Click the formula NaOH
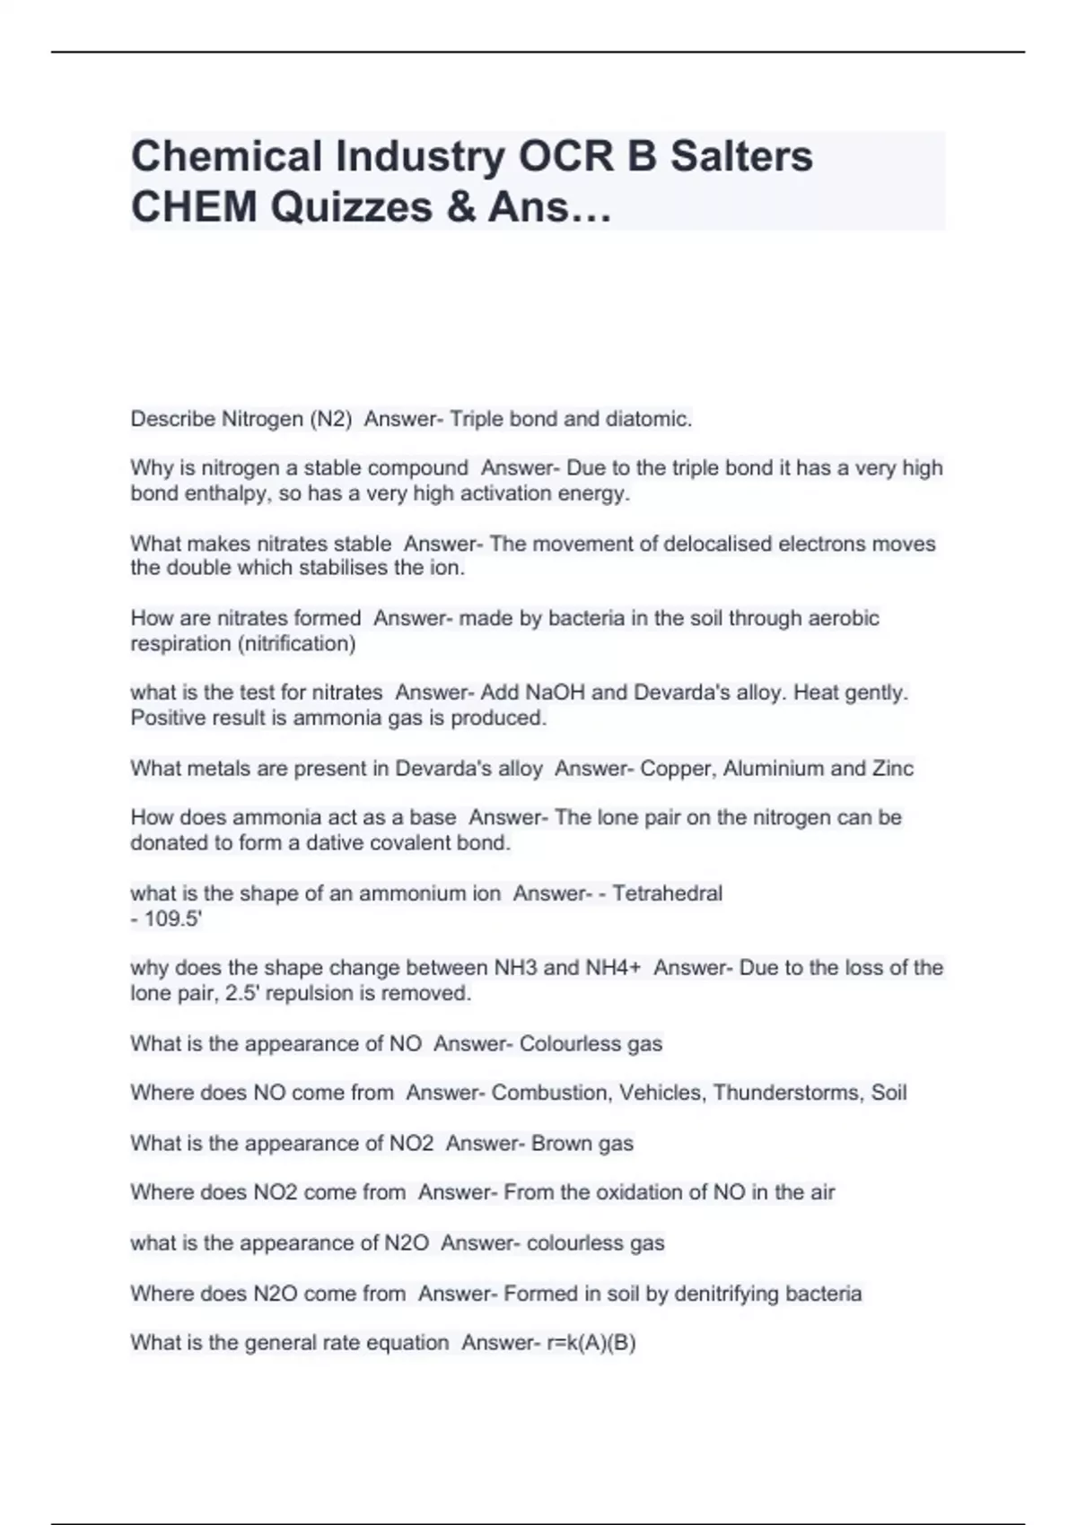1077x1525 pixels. (555, 693)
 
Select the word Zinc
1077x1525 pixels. (892, 769)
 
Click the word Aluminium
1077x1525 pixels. (783, 769)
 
